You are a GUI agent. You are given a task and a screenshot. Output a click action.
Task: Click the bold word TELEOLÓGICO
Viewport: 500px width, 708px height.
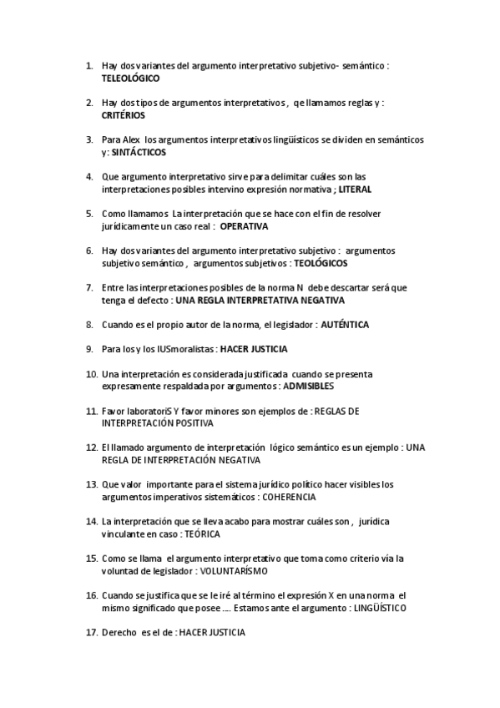pyautogui.click(x=130, y=77)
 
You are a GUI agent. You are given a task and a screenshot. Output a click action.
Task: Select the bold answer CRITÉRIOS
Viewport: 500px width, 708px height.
pyautogui.click(x=124, y=115)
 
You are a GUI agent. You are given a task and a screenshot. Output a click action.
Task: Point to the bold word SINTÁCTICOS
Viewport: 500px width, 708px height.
pyautogui.click(x=139, y=153)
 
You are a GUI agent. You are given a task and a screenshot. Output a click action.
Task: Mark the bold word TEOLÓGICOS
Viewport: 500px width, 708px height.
pyautogui.click(x=321, y=263)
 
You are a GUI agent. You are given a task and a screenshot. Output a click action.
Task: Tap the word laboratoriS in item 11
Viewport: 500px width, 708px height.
pyautogui.click(x=151, y=411)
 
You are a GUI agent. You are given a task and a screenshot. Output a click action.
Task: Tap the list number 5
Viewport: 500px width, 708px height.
pyautogui.click(x=89, y=213)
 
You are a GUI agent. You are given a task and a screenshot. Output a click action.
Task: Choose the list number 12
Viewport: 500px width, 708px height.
pyautogui.click(x=91, y=448)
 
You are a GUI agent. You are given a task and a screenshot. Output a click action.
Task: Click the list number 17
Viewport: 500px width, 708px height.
pyautogui.click(x=91, y=633)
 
